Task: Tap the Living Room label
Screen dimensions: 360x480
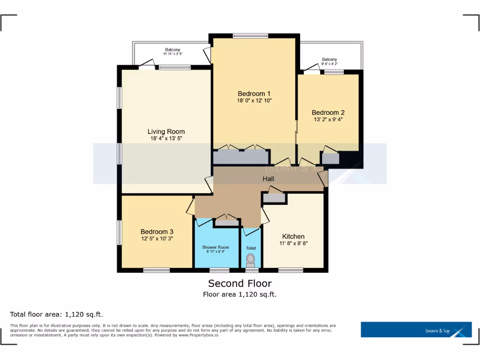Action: click(x=166, y=132)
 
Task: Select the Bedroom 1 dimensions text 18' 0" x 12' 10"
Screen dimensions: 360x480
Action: click(x=254, y=100)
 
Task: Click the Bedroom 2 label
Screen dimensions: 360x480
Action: click(x=328, y=112)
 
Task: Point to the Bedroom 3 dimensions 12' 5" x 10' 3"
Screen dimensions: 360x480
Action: click(x=157, y=239)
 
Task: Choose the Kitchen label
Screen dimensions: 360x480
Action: click(x=293, y=236)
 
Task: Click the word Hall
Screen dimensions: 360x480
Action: click(x=268, y=179)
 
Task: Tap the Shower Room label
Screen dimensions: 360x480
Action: click(x=216, y=247)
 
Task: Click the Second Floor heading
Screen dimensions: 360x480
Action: click(x=240, y=283)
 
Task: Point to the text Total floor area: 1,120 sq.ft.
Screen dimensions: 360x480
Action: click(x=56, y=314)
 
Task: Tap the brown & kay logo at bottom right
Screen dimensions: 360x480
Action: click(x=416, y=330)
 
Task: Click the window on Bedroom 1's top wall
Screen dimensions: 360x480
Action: click(x=250, y=36)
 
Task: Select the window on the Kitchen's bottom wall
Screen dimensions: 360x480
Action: click(x=290, y=270)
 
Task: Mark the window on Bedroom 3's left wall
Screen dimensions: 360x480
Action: click(x=120, y=232)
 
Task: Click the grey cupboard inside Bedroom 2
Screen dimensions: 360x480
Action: click(x=330, y=158)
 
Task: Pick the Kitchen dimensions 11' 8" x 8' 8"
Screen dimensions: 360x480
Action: click(x=293, y=243)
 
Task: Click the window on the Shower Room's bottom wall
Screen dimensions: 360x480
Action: click(x=219, y=270)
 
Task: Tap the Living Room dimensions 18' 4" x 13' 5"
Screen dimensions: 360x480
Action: click(x=166, y=139)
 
